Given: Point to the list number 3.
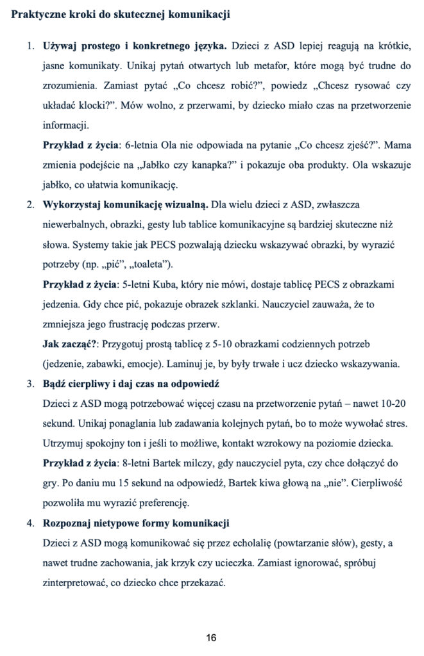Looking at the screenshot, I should coord(30,384).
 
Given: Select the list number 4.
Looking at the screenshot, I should coord(30,523).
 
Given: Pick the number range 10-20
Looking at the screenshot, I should coord(389,404).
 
